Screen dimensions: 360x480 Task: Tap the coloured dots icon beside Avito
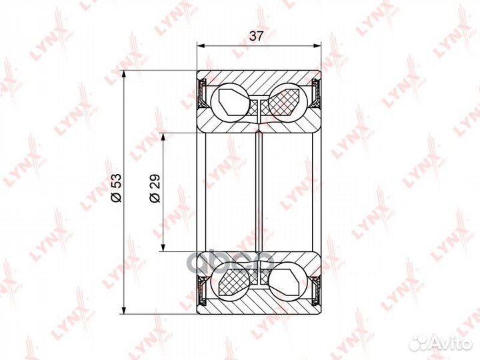(421, 342)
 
